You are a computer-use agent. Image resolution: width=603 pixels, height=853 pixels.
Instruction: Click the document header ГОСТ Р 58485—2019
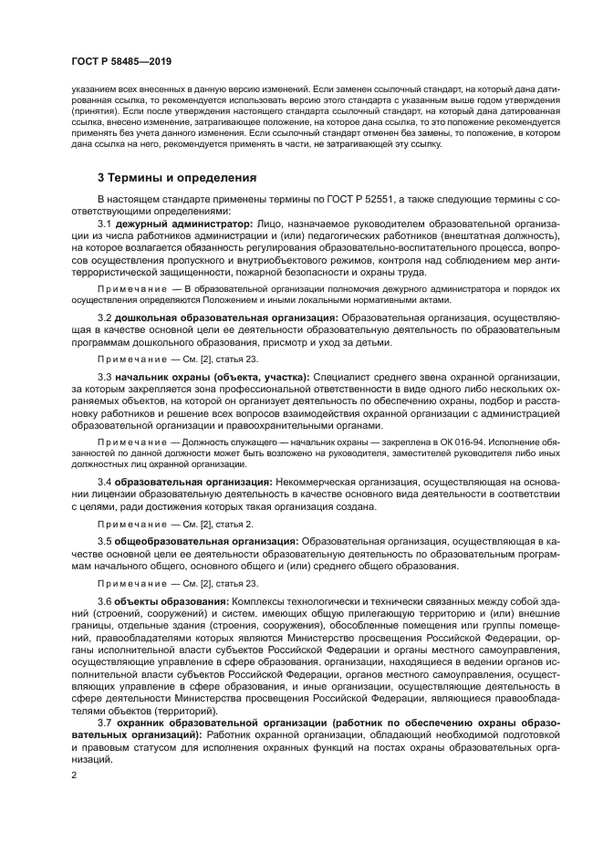click(120, 62)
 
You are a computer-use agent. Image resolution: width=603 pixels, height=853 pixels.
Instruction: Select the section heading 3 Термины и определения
click(177, 177)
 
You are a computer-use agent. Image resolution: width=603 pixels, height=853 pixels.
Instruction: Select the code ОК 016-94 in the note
click(427, 442)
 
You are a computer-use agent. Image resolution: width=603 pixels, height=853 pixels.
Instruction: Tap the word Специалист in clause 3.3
click(342, 376)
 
